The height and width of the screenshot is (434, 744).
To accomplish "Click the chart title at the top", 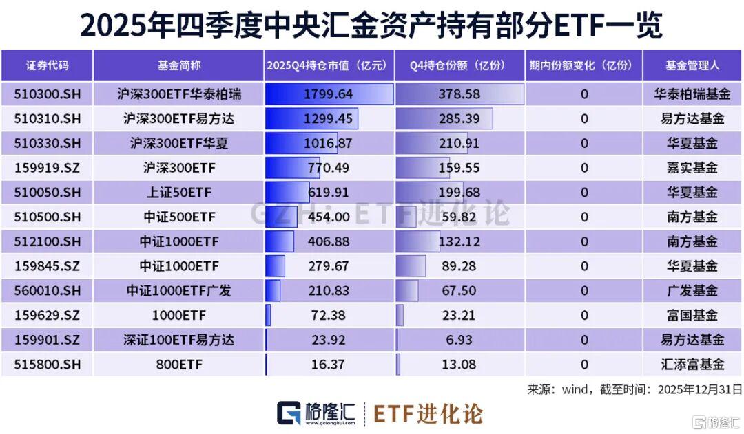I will coord(371,25).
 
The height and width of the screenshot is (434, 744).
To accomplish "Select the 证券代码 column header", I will coord(48,66).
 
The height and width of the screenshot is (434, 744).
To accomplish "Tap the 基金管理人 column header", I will coord(692,66).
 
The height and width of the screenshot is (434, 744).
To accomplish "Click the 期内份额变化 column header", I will coord(583,66).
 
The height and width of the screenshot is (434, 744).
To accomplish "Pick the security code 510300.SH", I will coord(48,94).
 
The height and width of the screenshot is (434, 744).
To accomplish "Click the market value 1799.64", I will coord(328,94).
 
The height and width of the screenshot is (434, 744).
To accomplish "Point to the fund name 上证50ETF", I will coord(178,192).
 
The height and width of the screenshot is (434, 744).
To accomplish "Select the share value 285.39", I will coord(459,118).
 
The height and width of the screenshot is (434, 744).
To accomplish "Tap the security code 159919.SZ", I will coord(48,167).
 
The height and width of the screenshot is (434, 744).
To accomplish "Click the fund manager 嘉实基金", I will coord(692,167).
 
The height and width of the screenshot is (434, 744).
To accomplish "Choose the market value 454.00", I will coord(328,217).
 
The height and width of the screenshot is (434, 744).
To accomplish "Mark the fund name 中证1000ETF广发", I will coord(178,290).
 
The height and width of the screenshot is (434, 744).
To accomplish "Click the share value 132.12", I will coord(459,241).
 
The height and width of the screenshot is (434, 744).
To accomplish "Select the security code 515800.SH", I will coord(48,364).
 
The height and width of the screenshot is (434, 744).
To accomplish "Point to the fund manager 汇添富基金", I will coord(692,364).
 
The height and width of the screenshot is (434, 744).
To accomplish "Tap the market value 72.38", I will coord(328,315).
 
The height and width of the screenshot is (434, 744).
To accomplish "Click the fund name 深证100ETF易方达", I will coord(178,340).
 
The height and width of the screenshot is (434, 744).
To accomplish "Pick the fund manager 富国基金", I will coord(692,315).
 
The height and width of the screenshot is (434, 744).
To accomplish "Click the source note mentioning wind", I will coord(634,389).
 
